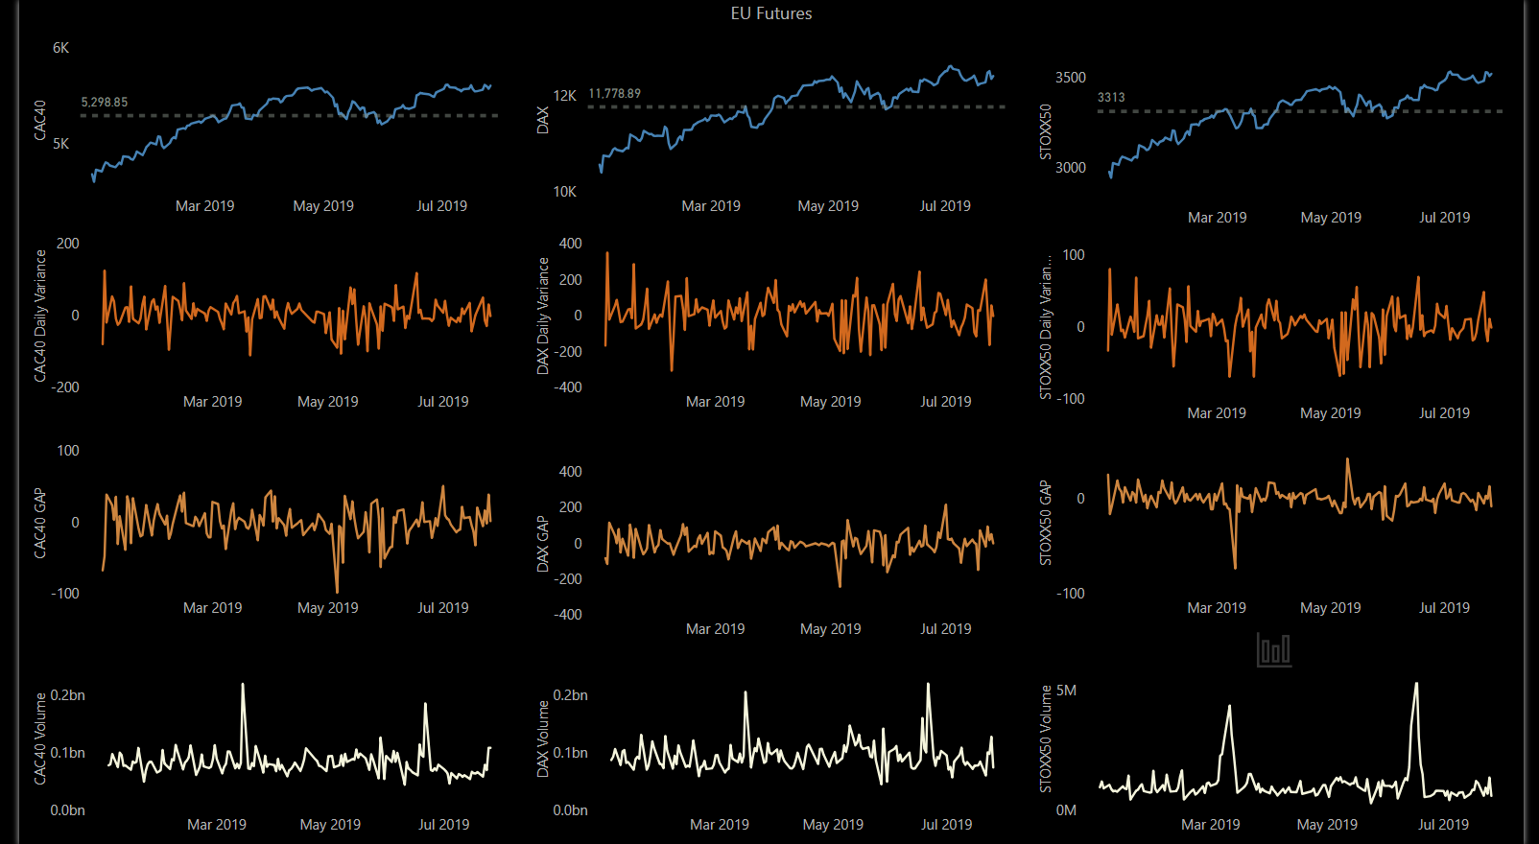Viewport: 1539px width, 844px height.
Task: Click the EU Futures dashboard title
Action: point(770,13)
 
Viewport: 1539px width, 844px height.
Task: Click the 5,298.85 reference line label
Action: point(104,102)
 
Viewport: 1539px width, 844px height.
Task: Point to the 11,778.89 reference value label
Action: point(614,93)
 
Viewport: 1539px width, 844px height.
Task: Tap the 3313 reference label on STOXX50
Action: point(1111,97)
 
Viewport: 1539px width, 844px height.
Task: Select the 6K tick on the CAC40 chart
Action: point(60,48)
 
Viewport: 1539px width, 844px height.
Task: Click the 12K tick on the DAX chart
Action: point(564,96)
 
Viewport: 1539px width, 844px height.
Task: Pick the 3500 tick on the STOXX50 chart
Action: point(1070,78)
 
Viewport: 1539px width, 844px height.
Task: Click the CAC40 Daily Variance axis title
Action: point(40,316)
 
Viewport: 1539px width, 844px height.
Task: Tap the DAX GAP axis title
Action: point(543,544)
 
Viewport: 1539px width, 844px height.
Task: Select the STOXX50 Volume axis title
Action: point(1046,738)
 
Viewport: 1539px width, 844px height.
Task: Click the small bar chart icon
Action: point(1273,649)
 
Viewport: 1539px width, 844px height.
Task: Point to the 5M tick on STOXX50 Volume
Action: point(1066,691)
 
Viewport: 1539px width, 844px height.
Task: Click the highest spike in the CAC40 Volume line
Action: point(243,685)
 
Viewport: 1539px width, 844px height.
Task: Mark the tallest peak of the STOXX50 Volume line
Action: point(1416,684)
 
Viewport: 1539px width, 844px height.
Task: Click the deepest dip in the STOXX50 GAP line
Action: point(1235,567)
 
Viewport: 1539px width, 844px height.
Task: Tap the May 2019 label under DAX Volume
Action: point(832,825)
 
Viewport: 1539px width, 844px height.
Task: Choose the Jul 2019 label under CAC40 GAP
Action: point(442,608)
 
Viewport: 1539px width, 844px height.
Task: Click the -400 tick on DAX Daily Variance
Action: point(569,387)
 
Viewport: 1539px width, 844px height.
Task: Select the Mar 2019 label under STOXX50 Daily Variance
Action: point(1216,413)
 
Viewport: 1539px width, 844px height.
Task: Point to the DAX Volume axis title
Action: point(543,738)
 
